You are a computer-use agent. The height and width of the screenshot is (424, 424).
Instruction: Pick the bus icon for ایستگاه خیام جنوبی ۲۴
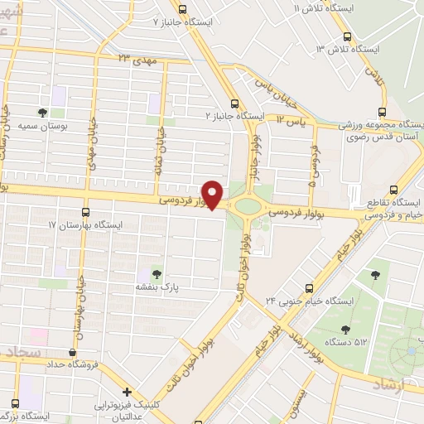(x=309, y=289)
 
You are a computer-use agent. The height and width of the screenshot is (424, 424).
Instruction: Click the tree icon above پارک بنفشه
(x=155, y=272)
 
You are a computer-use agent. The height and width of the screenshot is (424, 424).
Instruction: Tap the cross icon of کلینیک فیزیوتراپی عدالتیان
(x=126, y=392)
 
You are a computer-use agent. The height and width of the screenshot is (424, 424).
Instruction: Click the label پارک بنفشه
(x=154, y=287)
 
